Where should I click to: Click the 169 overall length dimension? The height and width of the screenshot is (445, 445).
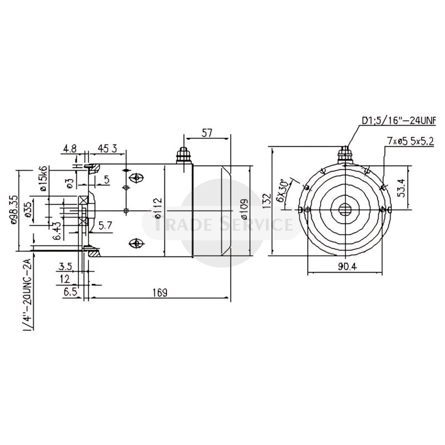(x=160, y=291)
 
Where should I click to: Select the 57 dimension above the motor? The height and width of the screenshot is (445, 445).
(x=206, y=133)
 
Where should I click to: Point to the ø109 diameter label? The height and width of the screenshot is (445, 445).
(x=244, y=209)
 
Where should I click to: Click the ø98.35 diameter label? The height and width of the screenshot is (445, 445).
(x=15, y=209)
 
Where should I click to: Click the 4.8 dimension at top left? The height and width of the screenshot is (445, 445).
(x=70, y=149)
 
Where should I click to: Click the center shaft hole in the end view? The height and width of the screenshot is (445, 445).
(x=346, y=209)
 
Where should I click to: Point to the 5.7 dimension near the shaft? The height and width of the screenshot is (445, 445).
(x=105, y=226)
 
